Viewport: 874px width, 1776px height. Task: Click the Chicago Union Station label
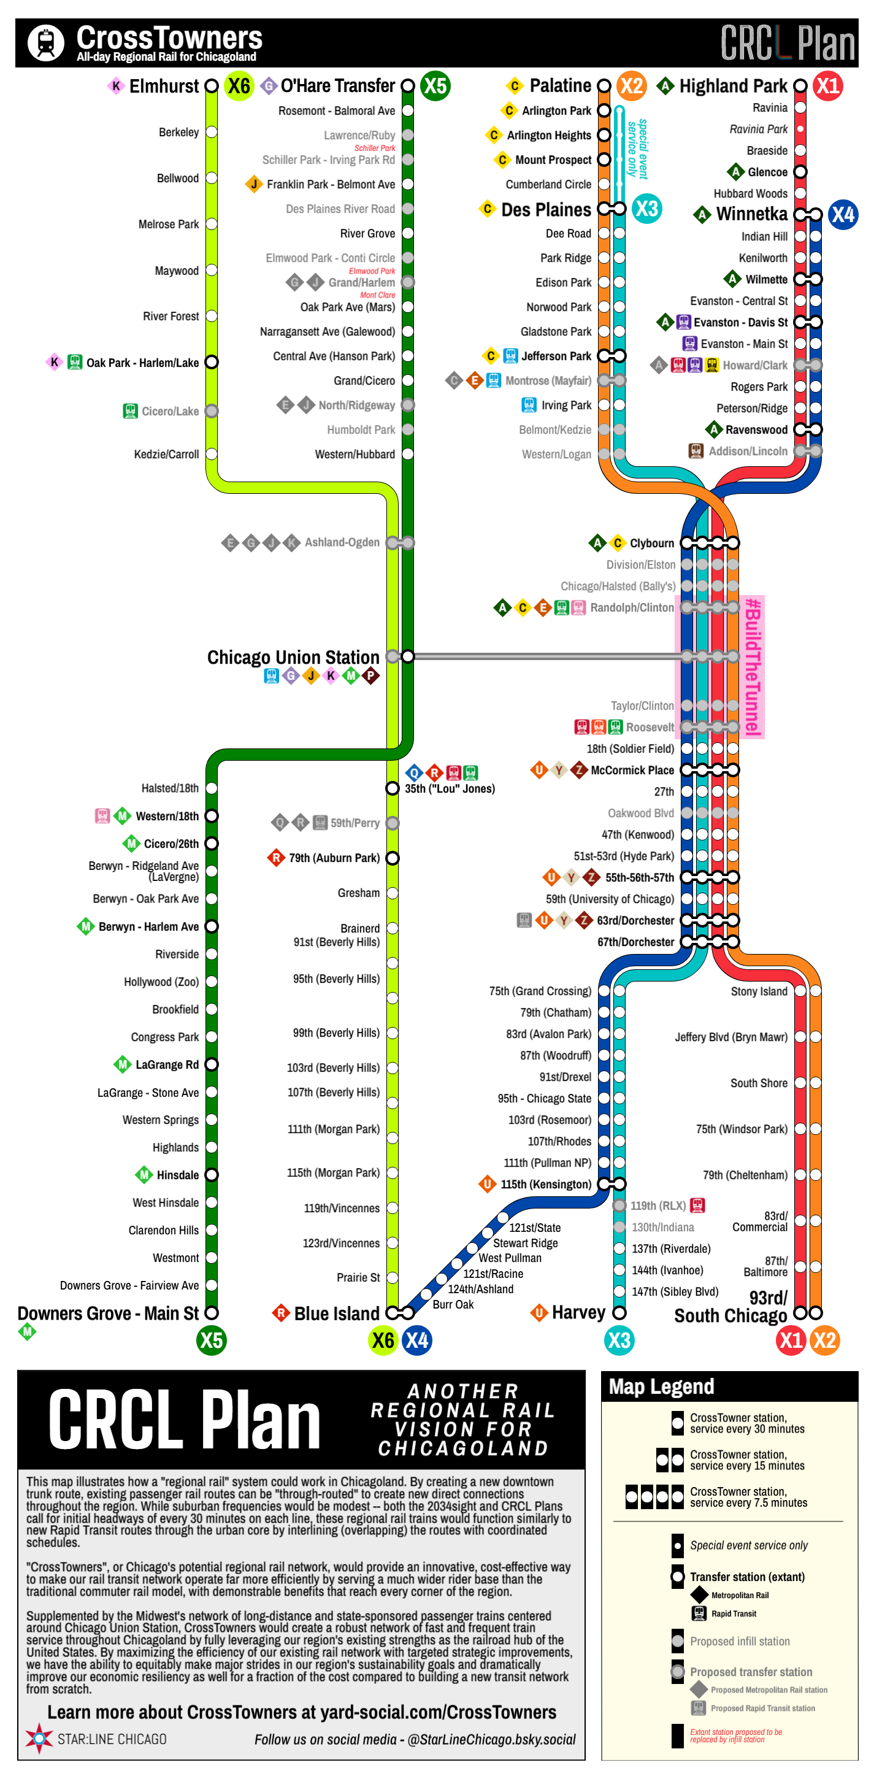point(293,657)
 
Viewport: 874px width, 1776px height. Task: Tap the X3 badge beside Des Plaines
point(646,209)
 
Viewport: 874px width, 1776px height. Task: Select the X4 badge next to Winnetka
point(842,215)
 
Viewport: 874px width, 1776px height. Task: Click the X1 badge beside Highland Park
point(827,86)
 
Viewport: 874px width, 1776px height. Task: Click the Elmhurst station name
point(164,86)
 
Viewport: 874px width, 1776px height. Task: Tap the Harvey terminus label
point(578,1312)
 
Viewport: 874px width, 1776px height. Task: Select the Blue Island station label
point(336,1313)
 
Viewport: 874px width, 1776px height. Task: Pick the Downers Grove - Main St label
point(108,1313)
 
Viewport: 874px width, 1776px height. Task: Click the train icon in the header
point(46,43)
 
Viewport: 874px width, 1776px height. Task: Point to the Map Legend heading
point(661,1386)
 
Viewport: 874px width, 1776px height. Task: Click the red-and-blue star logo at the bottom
point(39,1738)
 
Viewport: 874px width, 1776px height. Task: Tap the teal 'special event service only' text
point(638,148)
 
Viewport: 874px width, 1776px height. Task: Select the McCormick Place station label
point(632,770)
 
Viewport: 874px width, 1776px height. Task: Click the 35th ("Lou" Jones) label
point(450,789)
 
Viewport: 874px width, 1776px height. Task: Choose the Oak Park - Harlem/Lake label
point(142,363)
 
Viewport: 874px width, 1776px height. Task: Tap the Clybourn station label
point(651,544)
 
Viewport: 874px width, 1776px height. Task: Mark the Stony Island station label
point(758,991)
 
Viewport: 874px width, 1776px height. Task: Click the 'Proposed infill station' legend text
point(740,1641)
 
